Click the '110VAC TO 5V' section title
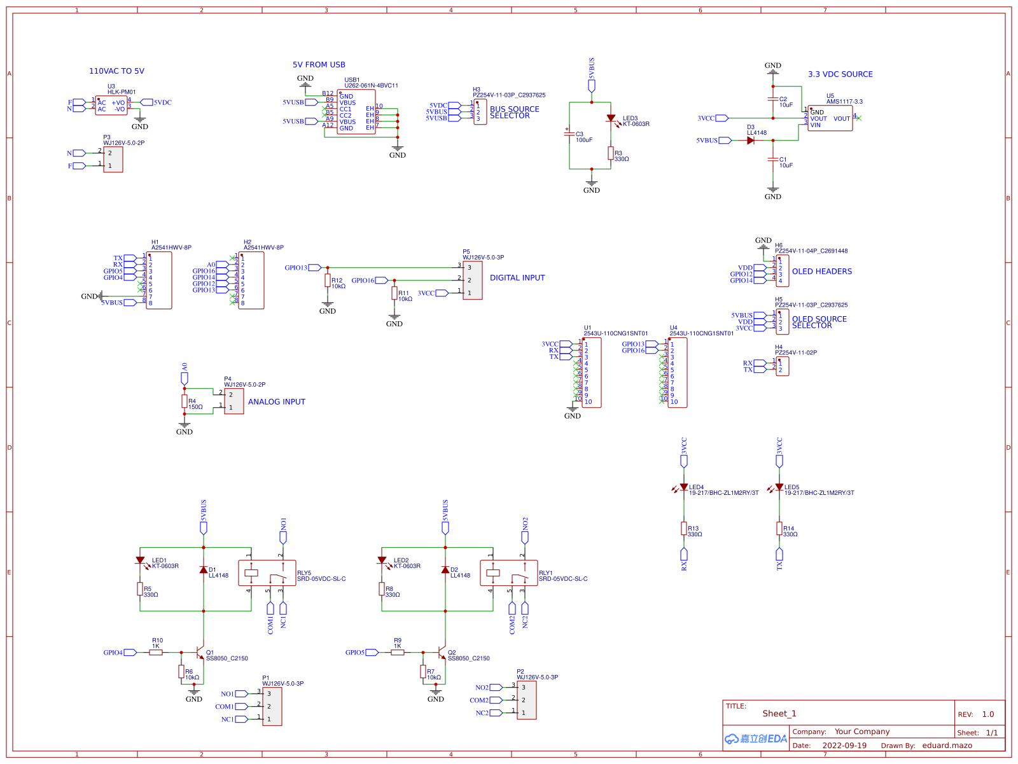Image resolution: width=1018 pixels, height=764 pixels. click(116, 71)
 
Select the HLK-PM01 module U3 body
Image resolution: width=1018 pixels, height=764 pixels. click(111, 106)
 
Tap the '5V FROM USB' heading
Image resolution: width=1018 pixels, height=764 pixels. click(319, 65)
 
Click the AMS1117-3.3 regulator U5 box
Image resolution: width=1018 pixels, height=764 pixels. click(830, 118)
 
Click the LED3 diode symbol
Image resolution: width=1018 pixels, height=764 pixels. click(611, 118)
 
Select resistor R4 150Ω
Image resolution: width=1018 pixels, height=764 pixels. click(185, 401)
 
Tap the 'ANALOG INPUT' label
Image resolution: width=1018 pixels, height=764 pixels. click(276, 402)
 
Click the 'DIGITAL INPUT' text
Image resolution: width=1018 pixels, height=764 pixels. click(517, 278)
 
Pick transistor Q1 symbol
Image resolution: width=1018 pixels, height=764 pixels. click(200, 653)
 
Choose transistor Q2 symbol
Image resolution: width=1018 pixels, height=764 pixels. click(442, 653)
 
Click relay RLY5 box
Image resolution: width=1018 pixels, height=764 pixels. click(267, 573)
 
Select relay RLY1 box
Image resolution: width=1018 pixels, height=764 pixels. click(509, 573)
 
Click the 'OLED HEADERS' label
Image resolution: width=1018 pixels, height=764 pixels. click(821, 272)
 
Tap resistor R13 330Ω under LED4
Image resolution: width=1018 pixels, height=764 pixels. click(684, 529)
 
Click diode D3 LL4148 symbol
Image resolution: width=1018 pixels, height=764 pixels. click(751, 141)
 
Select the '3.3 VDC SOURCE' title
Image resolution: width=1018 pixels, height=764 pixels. click(840, 74)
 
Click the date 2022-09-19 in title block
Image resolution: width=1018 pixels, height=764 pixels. click(844, 746)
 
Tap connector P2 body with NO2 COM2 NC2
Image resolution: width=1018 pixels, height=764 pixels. click(527, 700)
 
